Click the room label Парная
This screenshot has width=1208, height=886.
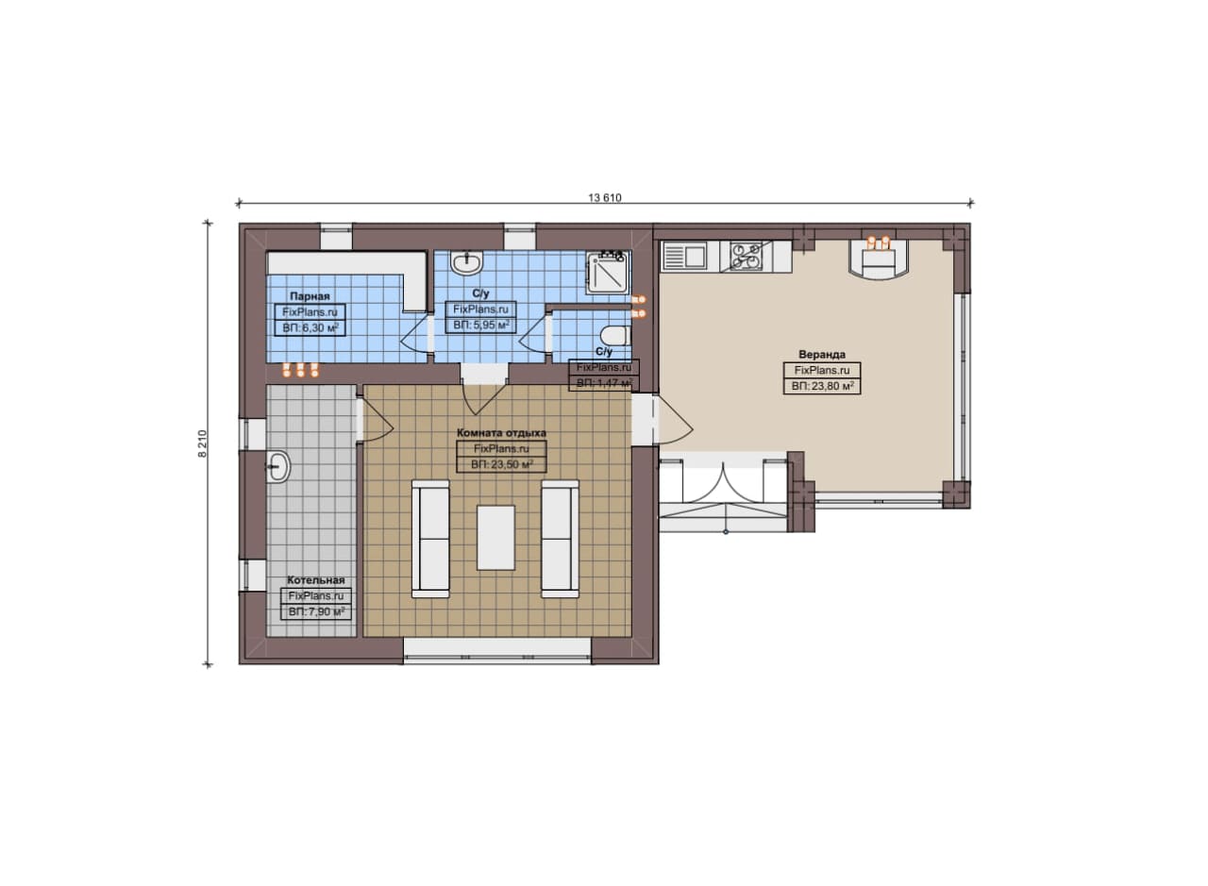pos(310,296)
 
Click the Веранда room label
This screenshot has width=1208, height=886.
pos(822,354)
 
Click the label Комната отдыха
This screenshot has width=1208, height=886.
pos(501,432)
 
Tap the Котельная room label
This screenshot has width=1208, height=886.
pos(316,580)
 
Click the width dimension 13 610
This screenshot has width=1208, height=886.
pos(605,198)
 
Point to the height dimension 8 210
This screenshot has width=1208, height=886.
pos(202,443)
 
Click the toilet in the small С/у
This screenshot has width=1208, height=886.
pos(616,336)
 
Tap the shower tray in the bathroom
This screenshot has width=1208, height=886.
pos(608,273)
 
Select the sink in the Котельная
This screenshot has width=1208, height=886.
pos(278,465)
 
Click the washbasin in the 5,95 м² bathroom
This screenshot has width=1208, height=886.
pos(467,262)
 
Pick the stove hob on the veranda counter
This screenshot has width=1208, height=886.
pos(747,256)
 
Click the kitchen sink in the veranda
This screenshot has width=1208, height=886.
pos(685,255)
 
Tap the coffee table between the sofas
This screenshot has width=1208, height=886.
pos(495,537)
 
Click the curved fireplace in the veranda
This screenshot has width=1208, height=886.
pos(879,259)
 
